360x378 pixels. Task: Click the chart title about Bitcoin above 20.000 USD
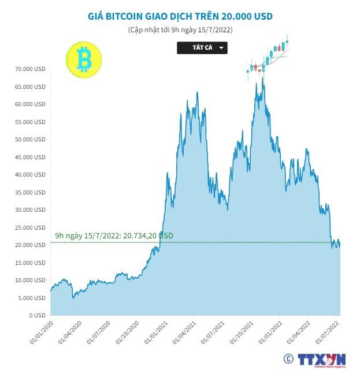(x=180, y=16)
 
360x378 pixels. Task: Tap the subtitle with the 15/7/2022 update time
(x=180, y=29)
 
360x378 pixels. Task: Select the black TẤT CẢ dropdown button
(x=202, y=48)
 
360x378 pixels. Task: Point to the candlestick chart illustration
(x=268, y=58)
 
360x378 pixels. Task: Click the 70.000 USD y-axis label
(x=31, y=69)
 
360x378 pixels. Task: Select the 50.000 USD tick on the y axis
(x=31, y=140)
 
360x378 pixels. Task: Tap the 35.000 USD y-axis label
(x=31, y=192)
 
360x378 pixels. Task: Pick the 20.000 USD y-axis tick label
(x=31, y=245)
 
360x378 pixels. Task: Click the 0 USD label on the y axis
(x=37, y=316)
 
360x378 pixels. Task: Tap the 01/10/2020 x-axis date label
(x=127, y=333)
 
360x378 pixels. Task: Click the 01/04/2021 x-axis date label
(x=184, y=333)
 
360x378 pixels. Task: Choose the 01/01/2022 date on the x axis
(x=271, y=333)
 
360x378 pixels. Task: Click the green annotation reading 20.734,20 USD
(x=114, y=236)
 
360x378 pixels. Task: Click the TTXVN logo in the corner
(x=322, y=360)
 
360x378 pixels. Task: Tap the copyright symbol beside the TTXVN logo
(x=288, y=359)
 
